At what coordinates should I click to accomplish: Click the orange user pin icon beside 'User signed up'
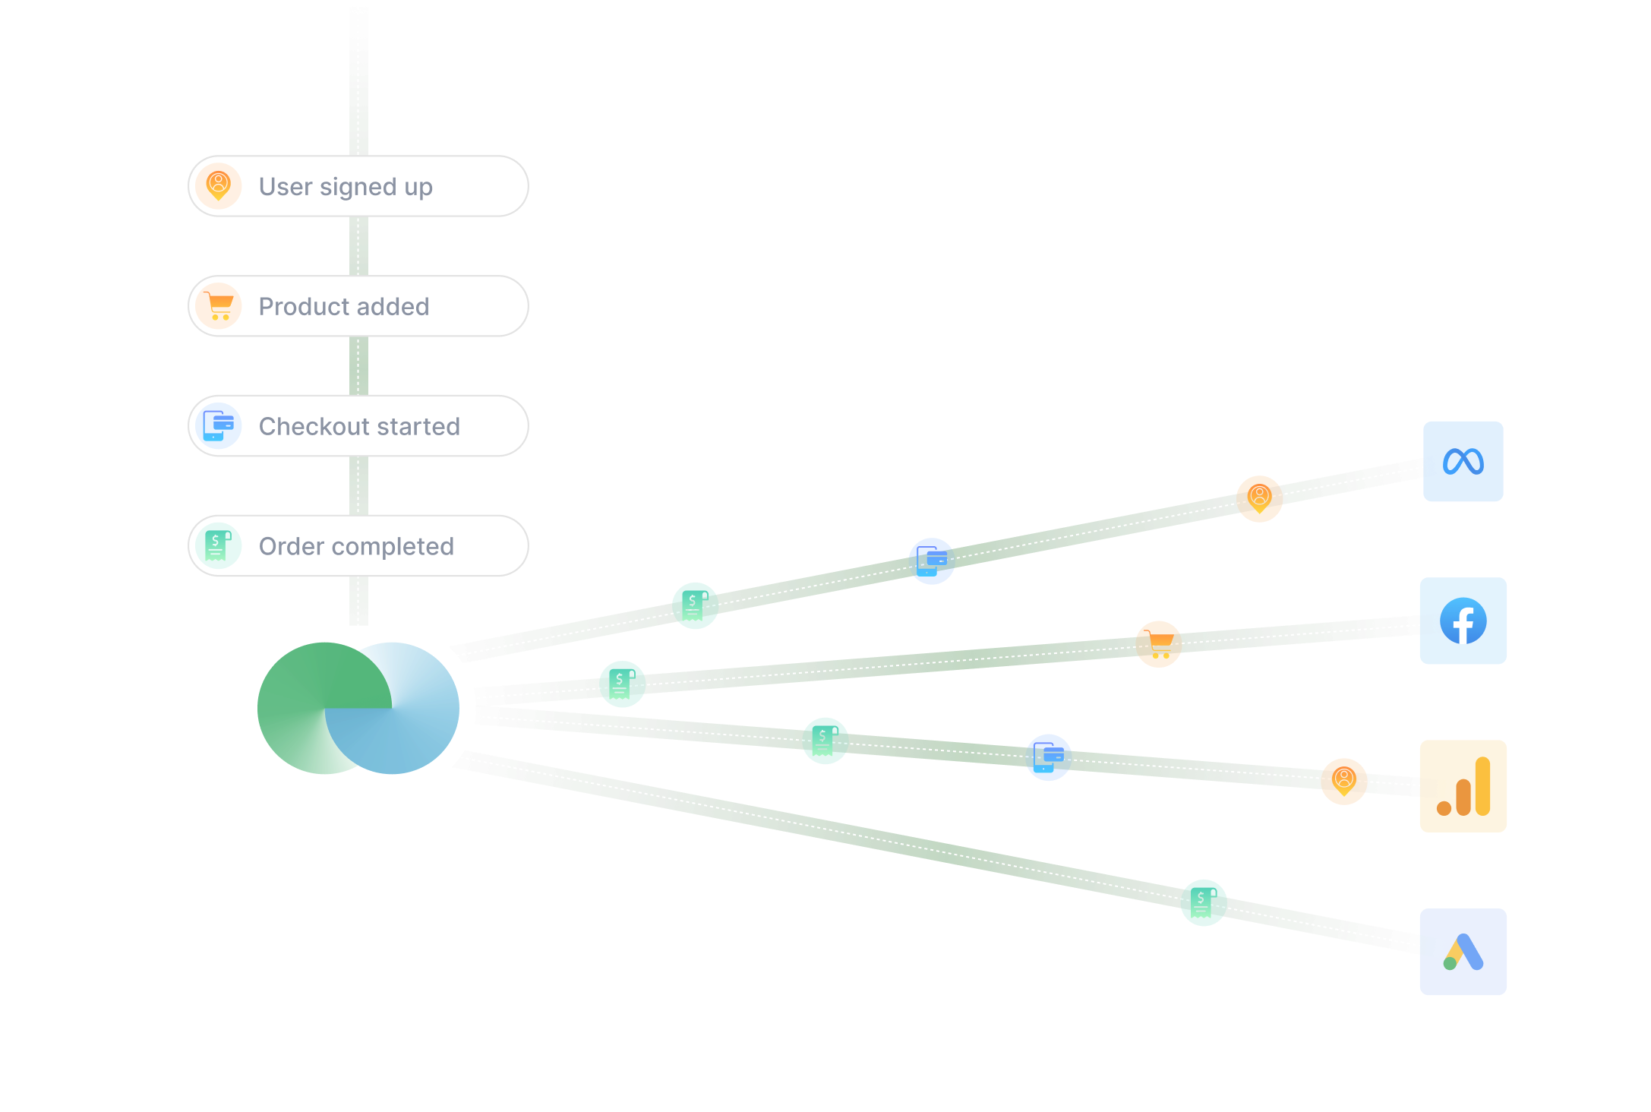[219, 186]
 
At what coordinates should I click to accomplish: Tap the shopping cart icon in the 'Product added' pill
[219, 306]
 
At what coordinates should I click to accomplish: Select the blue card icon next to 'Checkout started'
[219, 426]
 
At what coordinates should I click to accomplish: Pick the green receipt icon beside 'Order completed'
[219, 546]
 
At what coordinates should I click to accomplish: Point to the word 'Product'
[304, 307]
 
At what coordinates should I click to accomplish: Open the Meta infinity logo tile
[1463, 461]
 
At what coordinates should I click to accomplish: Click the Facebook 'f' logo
[1463, 621]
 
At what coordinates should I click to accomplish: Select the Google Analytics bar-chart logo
[1463, 786]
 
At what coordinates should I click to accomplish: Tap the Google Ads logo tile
[1463, 952]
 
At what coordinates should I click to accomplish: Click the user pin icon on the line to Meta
[1259, 498]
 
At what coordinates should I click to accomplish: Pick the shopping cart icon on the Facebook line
[1159, 644]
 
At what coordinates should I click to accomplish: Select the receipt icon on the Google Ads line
[1204, 902]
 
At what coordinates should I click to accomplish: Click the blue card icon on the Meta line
[932, 561]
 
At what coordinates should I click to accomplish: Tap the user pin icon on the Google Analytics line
[1344, 781]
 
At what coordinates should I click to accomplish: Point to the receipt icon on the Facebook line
[623, 684]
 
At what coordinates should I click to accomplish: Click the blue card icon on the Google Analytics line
[1048, 757]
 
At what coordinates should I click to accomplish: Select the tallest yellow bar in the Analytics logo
[1483, 786]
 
